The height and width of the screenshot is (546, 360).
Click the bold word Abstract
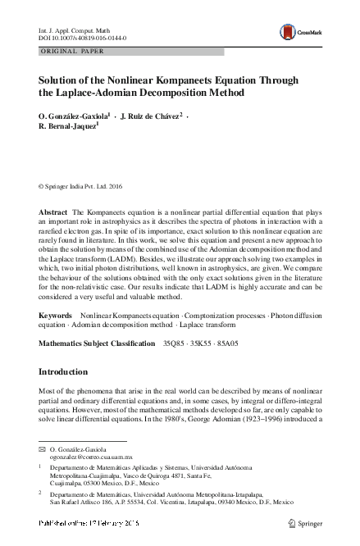point(53,212)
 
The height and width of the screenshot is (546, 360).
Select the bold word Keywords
point(56,316)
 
